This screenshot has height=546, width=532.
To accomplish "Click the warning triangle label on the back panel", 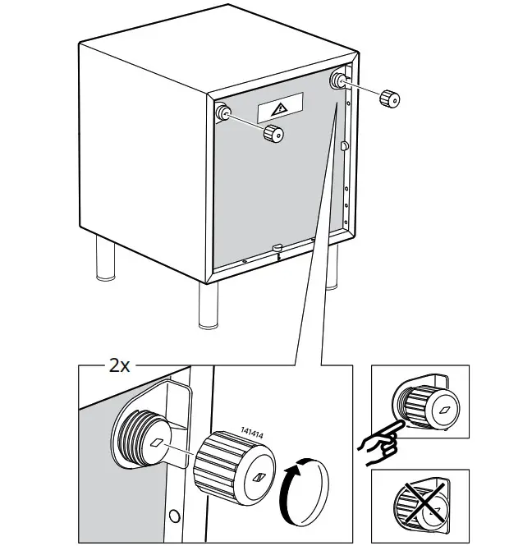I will point(280,108).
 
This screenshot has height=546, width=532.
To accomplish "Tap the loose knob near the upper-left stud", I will point(273,134).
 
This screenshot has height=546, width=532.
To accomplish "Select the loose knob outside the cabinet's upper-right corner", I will point(390,98).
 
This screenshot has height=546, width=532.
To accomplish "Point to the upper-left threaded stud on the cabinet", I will point(222,112).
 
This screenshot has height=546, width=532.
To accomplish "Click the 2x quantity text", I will point(120,365).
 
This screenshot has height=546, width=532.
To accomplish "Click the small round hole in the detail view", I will point(173,516).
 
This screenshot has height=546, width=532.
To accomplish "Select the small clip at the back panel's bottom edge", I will point(277,246).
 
